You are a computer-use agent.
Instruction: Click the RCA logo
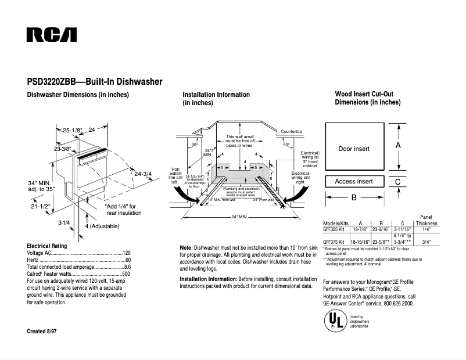(52, 35)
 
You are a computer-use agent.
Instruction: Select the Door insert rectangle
(354, 149)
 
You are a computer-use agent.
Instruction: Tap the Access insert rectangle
(354, 182)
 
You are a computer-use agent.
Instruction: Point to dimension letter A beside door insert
(398, 146)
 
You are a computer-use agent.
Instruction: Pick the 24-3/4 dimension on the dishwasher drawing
(143, 174)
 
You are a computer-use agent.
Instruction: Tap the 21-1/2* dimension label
(41, 206)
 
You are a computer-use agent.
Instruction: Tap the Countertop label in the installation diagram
(291, 132)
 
